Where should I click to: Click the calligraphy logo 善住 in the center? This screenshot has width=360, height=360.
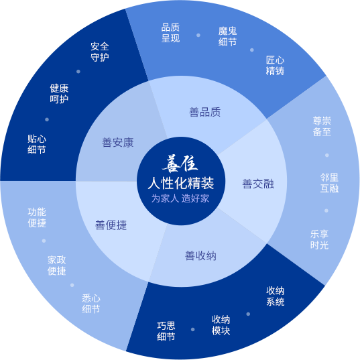[x=180, y=164]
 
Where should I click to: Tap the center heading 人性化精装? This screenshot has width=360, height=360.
[x=181, y=183]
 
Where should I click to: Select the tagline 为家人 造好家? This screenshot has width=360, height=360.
[x=180, y=198]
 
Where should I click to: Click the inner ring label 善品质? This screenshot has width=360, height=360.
[x=204, y=112]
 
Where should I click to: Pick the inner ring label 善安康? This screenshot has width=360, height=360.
[x=118, y=142]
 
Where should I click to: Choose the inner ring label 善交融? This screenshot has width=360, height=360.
[x=258, y=184]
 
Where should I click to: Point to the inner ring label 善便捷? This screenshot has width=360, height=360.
[x=111, y=225]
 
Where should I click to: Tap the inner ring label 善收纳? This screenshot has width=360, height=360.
[x=200, y=256]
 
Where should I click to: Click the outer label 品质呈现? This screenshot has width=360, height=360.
[x=170, y=33]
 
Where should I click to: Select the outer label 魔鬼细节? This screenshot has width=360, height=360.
[x=227, y=36]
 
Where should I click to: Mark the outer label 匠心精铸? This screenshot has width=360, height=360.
[x=275, y=66]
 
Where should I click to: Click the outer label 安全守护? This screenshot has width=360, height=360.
[x=100, y=52]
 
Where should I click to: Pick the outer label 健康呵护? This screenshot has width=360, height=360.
[x=59, y=94]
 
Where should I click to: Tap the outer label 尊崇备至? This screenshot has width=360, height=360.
[x=322, y=126]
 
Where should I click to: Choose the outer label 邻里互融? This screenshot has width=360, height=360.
[x=329, y=183]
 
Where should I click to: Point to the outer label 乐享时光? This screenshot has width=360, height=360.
[x=319, y=240]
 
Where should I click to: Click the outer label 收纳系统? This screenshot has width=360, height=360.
[x=276, y=296]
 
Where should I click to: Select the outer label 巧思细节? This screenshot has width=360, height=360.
[x=166, y=331]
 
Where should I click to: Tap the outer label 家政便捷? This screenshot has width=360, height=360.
[x=57, y=265]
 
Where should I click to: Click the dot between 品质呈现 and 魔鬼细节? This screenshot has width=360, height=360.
[x=198, y=35]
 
